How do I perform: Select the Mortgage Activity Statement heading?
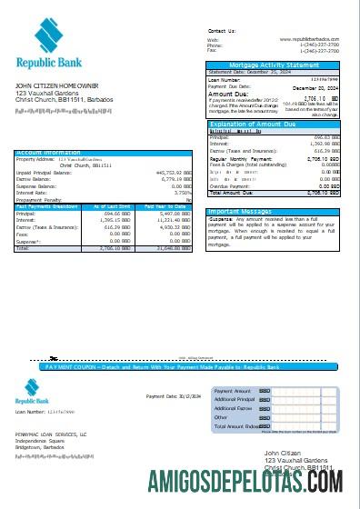coord(276,65)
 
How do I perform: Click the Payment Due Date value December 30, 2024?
coord(316,86)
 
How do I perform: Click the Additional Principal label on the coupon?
coord(235,399)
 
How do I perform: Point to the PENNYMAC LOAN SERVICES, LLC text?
coord(50,434)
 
